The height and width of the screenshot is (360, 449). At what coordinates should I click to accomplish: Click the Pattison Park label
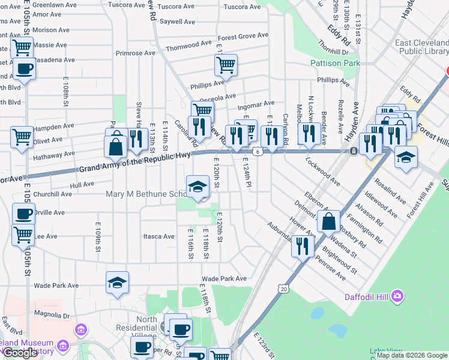point(334,63)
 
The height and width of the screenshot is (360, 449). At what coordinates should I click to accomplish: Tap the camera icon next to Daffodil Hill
point(397,296)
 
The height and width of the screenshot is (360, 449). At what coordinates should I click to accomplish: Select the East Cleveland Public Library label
point(421,47)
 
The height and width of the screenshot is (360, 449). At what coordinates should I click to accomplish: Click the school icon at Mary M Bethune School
point(197,187)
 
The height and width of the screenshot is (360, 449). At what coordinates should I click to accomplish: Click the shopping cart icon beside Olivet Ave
point(22,137)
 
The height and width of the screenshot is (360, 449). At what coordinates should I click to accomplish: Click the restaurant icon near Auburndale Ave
point(303,245)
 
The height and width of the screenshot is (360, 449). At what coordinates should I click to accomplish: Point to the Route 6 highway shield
point(257,152)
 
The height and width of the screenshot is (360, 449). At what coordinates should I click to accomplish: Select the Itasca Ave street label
point(159,236)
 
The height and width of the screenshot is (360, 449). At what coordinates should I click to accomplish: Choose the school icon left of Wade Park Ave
point(118,282)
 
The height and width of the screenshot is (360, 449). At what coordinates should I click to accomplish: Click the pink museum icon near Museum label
point(80,329)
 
